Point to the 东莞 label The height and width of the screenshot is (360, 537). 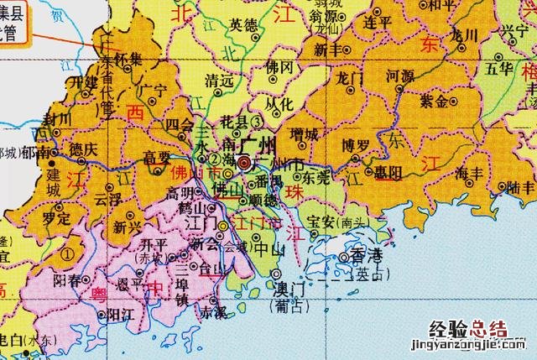(x=316, y=178)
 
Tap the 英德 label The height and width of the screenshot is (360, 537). (x=245, y=25)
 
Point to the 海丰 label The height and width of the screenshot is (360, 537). (x=468, y=173)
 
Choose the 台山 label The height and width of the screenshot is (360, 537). (x=206, y=270)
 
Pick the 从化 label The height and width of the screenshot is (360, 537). (x=279, y=103)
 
